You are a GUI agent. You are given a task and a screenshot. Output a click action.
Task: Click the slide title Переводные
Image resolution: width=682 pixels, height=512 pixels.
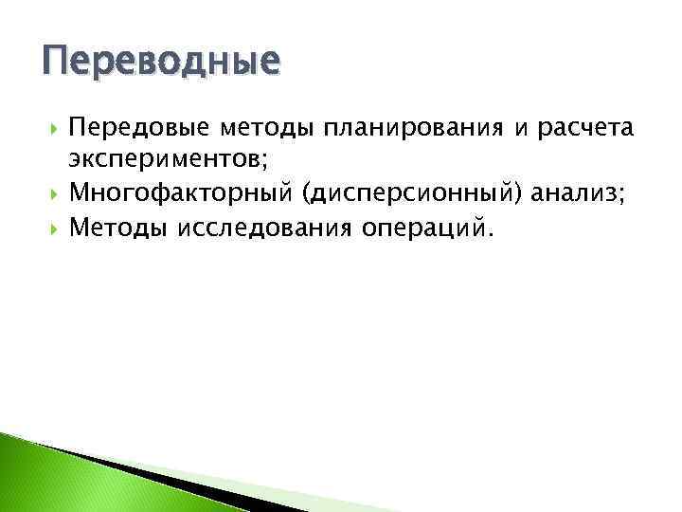[x=162, y=63]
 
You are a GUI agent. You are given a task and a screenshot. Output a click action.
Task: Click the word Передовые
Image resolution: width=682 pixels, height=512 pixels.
[x=118, y=127]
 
